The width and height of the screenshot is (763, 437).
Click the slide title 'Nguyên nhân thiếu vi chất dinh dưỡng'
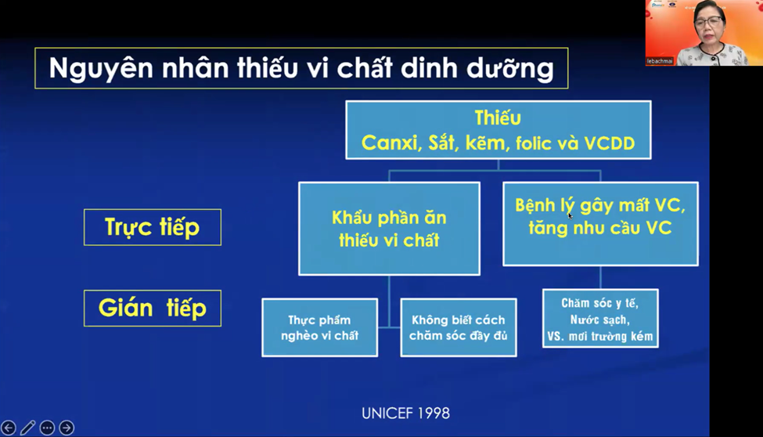tap(301, 68)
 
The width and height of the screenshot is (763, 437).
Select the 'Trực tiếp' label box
tap(153, 227)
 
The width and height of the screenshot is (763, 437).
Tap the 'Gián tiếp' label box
tap(153, 308)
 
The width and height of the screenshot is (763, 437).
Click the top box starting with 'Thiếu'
tap(498, 130)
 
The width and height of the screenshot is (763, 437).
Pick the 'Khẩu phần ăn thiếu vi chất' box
tap(389, 229)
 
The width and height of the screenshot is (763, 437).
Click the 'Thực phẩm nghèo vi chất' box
tap(319, 327)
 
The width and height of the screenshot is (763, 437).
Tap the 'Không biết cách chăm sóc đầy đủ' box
tap(459, 327)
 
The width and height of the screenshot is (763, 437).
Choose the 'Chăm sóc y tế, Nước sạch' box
tap(600, 320)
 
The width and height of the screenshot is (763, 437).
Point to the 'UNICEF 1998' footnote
tap(405, 413)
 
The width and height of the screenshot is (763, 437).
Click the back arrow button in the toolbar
tap(9, 428)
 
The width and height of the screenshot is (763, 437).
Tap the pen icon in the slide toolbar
tap(28, 428)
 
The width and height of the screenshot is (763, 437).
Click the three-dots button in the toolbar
tap(47, 428)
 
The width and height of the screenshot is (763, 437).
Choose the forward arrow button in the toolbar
tap(67, 428)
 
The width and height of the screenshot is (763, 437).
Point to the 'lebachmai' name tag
tap(660, 60)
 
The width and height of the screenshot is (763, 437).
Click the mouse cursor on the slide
tap(570, 215)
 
